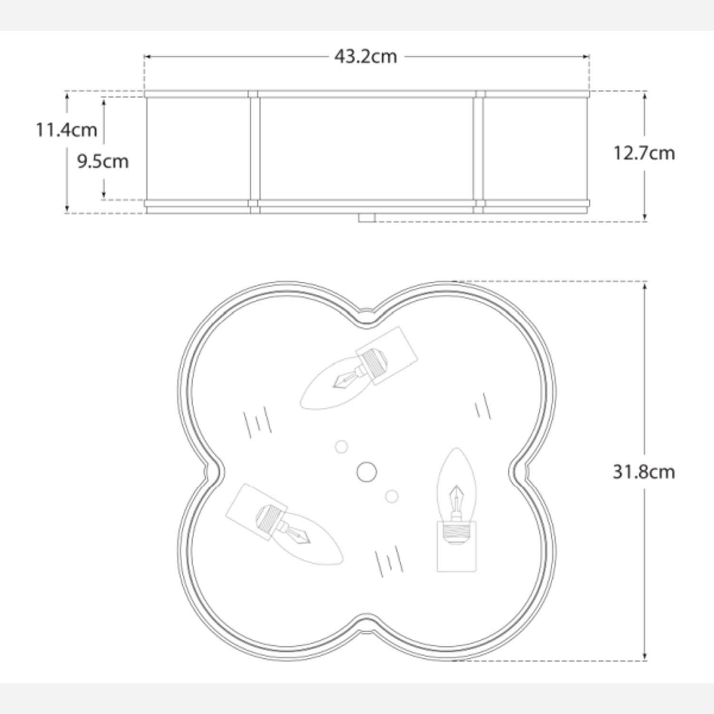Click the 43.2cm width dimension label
365,57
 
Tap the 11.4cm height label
67,129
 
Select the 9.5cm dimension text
103,161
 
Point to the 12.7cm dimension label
644,153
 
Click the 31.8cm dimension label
644,472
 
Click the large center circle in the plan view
367,472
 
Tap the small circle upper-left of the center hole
341,446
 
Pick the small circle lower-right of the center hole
392,496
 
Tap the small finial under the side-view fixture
367,218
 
